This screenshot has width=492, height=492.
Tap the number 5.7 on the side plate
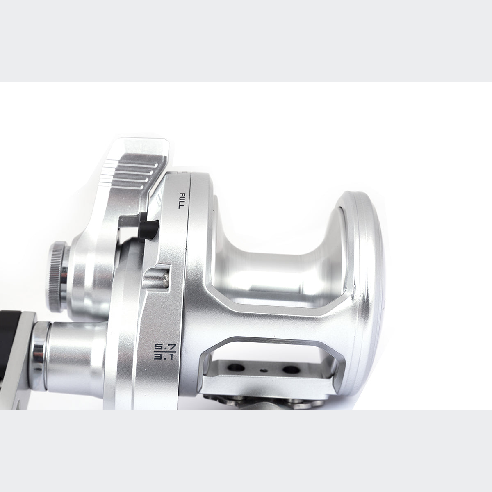[x=165, y=347]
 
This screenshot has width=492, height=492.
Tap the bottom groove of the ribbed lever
[x=122, y=187]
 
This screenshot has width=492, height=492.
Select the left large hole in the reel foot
[x=236, y=368]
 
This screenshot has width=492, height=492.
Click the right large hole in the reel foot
[x=291, y=369]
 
